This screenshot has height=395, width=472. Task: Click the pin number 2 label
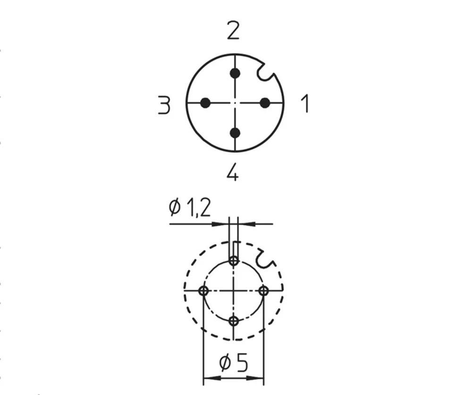(x=233, y=31)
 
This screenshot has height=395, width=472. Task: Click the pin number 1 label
(x=305, y=103)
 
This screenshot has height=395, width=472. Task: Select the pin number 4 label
(x=232, y=173)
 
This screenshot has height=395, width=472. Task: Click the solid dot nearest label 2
(x=235, y=73)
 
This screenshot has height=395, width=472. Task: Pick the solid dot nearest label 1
(x=265, y=103)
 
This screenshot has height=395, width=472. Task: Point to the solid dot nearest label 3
(x=205, y=103)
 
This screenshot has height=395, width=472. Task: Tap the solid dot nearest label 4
(x=235, y=133)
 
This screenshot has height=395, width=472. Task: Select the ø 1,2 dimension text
(x=190, y=207)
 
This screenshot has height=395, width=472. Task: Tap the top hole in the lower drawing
(x=234, y=260)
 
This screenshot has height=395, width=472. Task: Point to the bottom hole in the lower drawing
(x=234, y=321)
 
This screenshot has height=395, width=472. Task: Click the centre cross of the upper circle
(x=235, y=103)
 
